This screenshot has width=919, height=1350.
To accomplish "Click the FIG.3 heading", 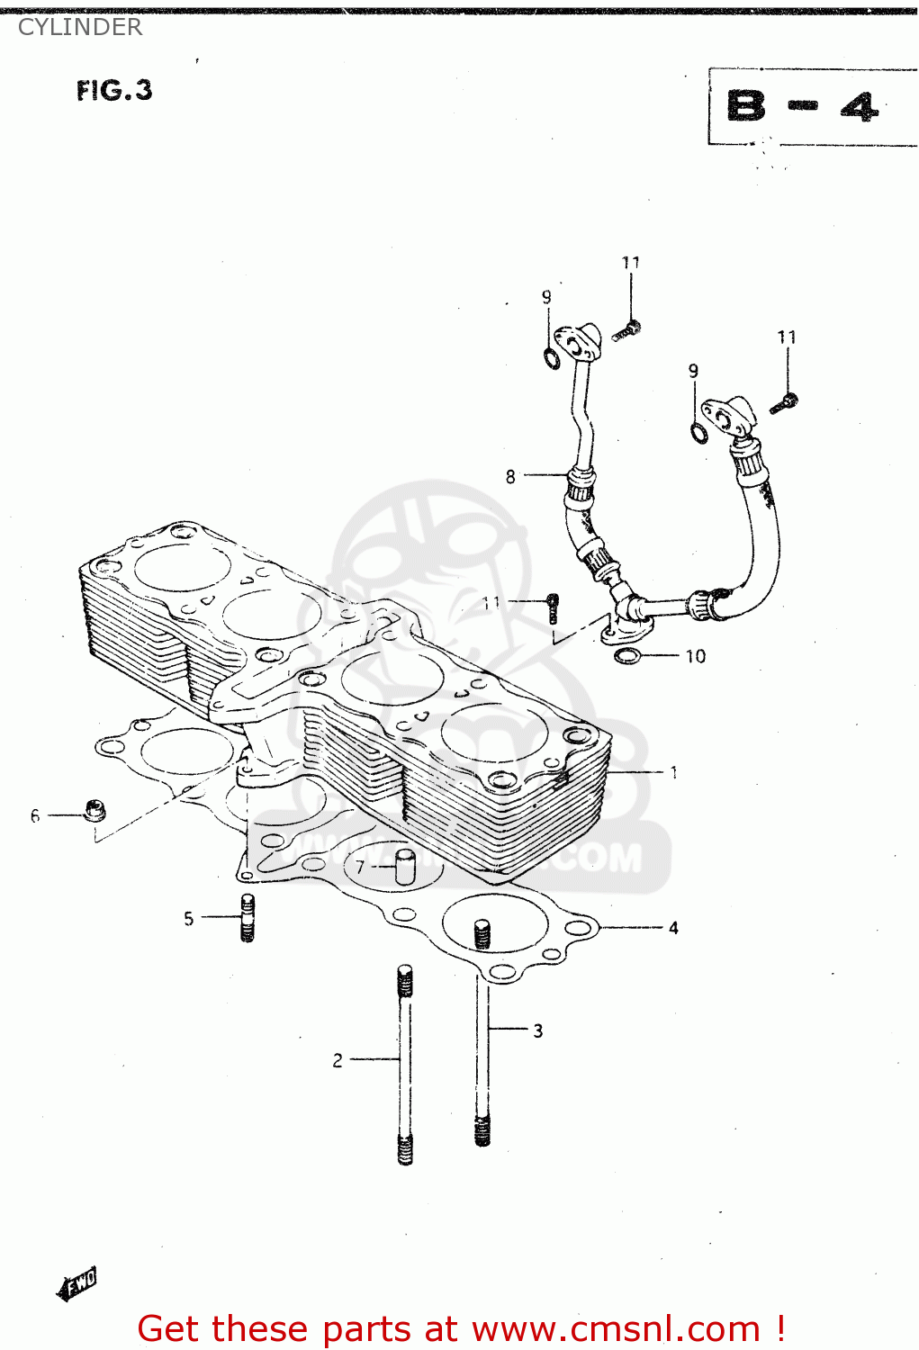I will pos(114,90).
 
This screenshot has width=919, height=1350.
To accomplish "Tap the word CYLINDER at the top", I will pos(79,27).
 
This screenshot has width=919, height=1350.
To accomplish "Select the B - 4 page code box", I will pos(803,107).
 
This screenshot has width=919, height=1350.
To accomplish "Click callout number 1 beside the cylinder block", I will pos(673,772).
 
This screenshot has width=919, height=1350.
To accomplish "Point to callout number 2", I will pos(338,1060).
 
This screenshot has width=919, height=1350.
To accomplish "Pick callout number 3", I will pos(537,1030).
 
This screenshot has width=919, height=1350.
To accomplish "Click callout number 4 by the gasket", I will pos(673,927).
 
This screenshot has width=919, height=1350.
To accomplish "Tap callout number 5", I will pos(188,918).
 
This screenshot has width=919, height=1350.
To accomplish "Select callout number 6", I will pos(35,816).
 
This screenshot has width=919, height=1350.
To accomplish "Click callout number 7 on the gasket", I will pos(360,867).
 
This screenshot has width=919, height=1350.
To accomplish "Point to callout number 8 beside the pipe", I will pos(510,476).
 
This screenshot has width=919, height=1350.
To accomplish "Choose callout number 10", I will pos(696,656).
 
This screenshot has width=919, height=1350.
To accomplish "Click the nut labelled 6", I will pos(94,810).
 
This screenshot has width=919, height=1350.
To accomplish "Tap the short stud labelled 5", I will pos(248,917).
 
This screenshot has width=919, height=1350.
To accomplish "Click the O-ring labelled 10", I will pos(627,655).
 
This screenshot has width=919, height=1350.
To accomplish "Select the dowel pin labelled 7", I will pos(405,868).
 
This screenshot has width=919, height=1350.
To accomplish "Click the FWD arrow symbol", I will pos(77,1282).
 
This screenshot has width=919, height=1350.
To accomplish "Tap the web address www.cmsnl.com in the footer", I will pos(616,1328).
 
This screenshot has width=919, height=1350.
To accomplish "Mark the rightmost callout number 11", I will pos(787,337).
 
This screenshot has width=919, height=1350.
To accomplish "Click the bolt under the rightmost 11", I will pos(784,403).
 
